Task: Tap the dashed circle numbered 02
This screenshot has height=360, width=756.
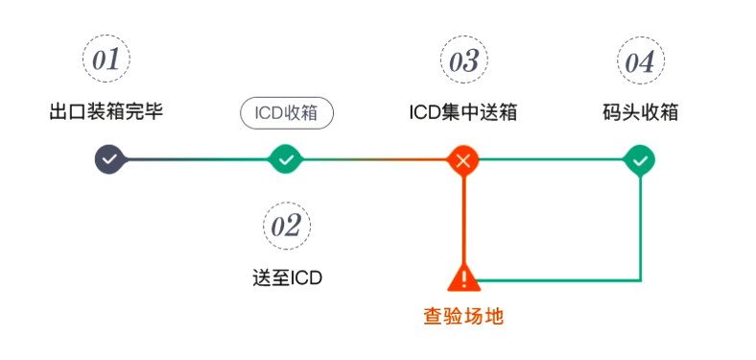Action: point(286,227)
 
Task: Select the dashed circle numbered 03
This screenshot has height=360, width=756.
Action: point(463,60)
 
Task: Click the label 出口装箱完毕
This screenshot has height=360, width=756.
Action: point(106,111)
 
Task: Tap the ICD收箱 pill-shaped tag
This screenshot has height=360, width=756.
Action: point(286,112)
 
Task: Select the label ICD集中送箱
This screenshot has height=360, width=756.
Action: point(463,111)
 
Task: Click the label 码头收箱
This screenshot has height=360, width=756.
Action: point(639,111)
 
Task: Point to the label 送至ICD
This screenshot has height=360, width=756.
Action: point(286,278)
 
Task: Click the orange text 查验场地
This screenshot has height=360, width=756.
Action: point(463,316)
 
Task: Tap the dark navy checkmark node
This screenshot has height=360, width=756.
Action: point(109,159)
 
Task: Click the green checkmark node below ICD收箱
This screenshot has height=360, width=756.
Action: point(286,159)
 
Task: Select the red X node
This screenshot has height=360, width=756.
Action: point(463,159)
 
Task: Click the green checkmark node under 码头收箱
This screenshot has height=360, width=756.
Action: point(639,159)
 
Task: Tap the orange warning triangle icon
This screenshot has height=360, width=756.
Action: point(463,278)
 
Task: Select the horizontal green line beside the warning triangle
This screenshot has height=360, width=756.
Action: point(556,280)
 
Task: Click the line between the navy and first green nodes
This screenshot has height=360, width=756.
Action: point(197,159)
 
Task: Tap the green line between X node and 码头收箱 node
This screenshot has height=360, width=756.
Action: point(552,159)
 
